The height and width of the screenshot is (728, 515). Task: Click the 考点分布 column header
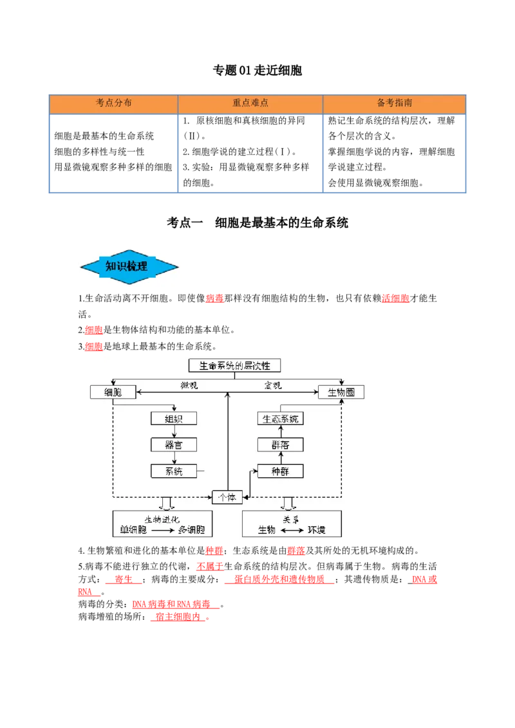coord(113,103)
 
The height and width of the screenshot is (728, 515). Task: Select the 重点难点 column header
coord(250,103)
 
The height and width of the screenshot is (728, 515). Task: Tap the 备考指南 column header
coord(394,103)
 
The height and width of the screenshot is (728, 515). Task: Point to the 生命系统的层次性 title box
coord(234,365)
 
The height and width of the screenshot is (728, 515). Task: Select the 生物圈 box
coord(341,392)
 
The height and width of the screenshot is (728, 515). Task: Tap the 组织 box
coord(174,419)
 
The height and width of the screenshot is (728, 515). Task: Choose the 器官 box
coord(174,445)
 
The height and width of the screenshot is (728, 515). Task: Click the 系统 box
coord(174,471)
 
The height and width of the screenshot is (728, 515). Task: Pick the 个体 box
coord(227,497)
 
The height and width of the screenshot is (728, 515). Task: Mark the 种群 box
coord(280,471)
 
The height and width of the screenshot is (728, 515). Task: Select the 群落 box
coord(280,445)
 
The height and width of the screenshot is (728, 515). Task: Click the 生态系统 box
coord(280,419)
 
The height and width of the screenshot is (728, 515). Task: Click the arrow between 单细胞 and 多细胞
coord(163,531)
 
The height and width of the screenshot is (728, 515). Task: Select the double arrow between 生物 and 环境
coord(292,531)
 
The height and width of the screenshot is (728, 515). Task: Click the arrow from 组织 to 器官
coord(174,432)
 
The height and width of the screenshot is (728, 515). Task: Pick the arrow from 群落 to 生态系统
coord(281,432)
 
